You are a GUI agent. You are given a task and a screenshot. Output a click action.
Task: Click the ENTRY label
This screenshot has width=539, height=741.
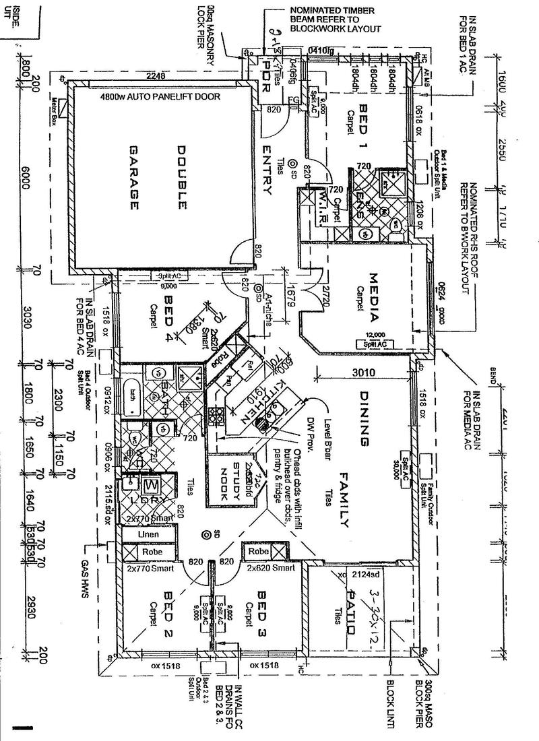pyautogui.click(x=267, y=168)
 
